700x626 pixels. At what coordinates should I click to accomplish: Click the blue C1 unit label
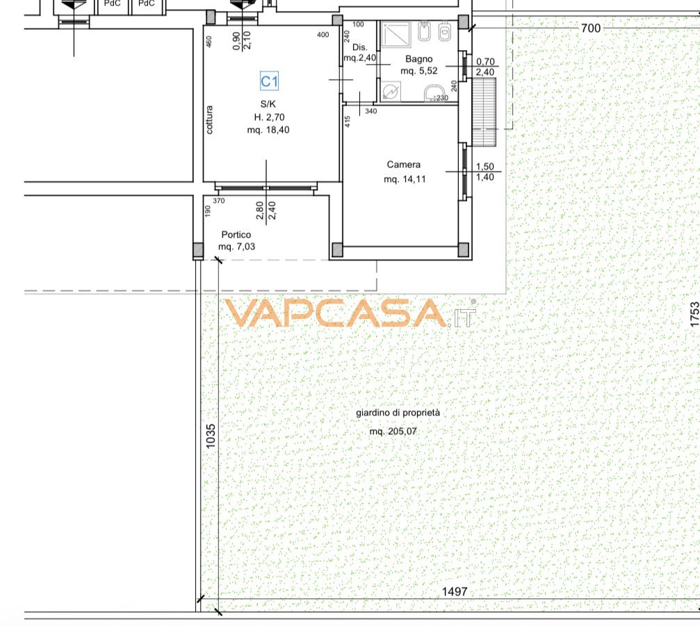269,81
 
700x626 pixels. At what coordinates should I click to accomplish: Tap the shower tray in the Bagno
396,34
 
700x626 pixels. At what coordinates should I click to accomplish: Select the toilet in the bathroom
445,32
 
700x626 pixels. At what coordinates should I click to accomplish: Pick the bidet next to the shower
424,31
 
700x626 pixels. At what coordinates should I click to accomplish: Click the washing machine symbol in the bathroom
391,91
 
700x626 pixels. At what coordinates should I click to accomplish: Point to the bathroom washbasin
434,93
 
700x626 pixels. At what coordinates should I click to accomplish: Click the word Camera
404,165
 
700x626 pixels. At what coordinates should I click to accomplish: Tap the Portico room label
236,235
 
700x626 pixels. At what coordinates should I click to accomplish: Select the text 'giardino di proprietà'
398,413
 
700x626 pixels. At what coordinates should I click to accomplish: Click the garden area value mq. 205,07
393,431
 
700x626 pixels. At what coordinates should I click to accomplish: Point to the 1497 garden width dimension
455,592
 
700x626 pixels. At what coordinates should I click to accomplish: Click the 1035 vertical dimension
211,436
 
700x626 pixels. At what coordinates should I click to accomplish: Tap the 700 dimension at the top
591,28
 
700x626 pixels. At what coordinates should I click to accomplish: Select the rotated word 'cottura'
209,120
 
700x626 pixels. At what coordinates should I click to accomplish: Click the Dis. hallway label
360,47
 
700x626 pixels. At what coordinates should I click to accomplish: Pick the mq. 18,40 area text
268,130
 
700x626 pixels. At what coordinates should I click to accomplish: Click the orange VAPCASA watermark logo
350,313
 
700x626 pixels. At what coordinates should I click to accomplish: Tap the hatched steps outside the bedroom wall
484,113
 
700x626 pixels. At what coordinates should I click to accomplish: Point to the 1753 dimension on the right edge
694,315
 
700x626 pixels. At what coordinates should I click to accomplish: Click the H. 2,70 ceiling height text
269,117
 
